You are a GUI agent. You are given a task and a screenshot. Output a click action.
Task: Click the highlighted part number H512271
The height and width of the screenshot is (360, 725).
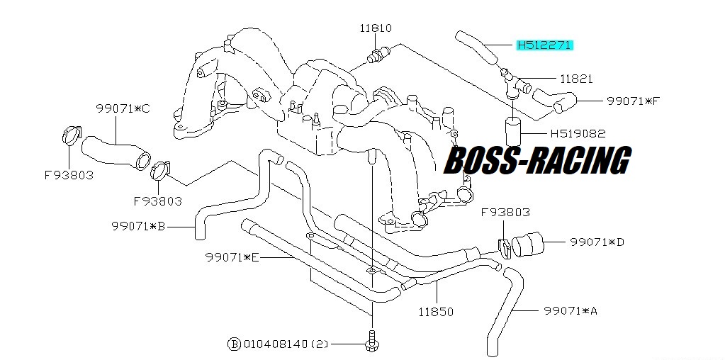coord(545,45)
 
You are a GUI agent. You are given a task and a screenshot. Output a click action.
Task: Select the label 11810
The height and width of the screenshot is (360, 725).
coord(376,28)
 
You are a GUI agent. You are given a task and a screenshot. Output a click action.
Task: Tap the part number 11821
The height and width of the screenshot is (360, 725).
coord(576,79)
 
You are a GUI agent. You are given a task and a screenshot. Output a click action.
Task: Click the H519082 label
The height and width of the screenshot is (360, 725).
coord(578,134)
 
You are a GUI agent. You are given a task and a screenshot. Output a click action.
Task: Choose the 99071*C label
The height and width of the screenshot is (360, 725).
coord(123,109)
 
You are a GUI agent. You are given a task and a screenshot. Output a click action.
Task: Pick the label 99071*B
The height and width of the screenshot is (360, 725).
coord(138,227)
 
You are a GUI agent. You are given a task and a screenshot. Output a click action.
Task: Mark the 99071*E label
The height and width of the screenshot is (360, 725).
coord(232,257)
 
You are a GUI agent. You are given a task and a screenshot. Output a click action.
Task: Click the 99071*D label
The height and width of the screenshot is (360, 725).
coord(597,242)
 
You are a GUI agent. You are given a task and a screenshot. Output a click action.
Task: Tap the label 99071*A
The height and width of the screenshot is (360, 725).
coord(571,311)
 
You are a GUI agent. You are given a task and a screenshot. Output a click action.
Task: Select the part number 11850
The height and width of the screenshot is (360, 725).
coord(436,312)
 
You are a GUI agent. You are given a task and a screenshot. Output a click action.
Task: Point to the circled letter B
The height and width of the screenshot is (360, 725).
coord(234,344)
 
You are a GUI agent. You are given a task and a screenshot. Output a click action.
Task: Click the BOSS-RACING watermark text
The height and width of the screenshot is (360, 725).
coord(537,160)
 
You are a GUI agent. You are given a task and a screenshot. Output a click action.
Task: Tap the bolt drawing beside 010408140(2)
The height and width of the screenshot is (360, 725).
coord(371,341)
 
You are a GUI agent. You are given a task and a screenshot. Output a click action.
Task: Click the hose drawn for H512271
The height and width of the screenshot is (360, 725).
coord(477,47)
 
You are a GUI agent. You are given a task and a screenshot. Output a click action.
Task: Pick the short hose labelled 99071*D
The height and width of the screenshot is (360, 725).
coord(527,244)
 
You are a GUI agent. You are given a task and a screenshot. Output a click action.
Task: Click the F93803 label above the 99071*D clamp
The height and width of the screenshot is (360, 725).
coord(505,213)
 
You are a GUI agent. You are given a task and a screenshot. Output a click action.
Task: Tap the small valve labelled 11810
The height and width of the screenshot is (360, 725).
coord(377,54)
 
